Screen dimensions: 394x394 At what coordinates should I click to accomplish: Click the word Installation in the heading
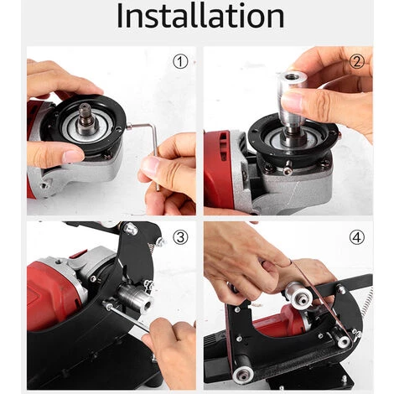200,16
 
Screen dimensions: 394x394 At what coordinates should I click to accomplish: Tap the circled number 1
180,62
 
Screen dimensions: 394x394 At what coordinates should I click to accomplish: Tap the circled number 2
357,62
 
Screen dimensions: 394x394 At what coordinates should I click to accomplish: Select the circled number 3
180,237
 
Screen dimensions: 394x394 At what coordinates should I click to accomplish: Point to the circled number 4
357,237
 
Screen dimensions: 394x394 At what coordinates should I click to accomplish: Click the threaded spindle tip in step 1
85,112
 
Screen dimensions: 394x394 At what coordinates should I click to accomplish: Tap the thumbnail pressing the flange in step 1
72,156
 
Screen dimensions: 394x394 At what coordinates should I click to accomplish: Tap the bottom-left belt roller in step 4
242,375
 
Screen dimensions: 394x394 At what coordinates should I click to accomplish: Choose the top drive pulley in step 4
299,296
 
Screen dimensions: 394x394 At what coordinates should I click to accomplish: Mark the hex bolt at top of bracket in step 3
131,229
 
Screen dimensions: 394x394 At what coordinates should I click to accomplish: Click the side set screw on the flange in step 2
288,170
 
